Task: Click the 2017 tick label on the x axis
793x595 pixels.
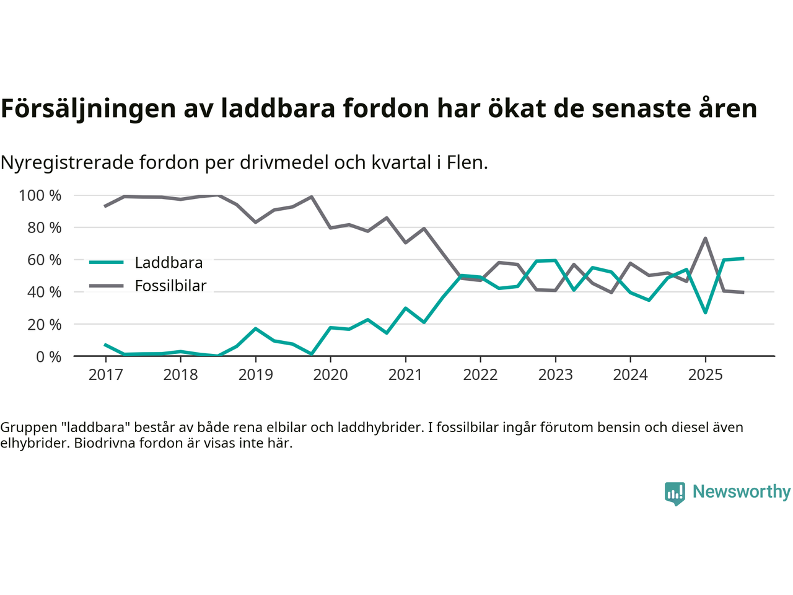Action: tap(105, 375)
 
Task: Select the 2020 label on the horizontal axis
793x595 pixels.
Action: tap(330, 375)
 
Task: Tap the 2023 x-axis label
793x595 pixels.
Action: tap(555, 375)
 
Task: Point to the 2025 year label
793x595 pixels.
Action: tap(705, 375)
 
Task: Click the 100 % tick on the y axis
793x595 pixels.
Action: tap(40, 196)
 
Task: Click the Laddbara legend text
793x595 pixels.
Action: tap(169, 263)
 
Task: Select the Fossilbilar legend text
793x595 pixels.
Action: tap(170, 286)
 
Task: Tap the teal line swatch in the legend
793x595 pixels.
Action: tap(107, 263)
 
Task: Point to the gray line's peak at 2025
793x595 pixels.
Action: tap(705, 239)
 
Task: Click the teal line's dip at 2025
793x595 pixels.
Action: tap(705, 312)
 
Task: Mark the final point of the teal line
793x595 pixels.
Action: tap(743, 258)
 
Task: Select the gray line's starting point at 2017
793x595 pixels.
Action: tap(105, 206)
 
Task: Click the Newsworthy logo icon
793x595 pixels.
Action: tap(675, 493)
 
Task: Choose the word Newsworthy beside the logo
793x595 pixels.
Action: tap(741, 491)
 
